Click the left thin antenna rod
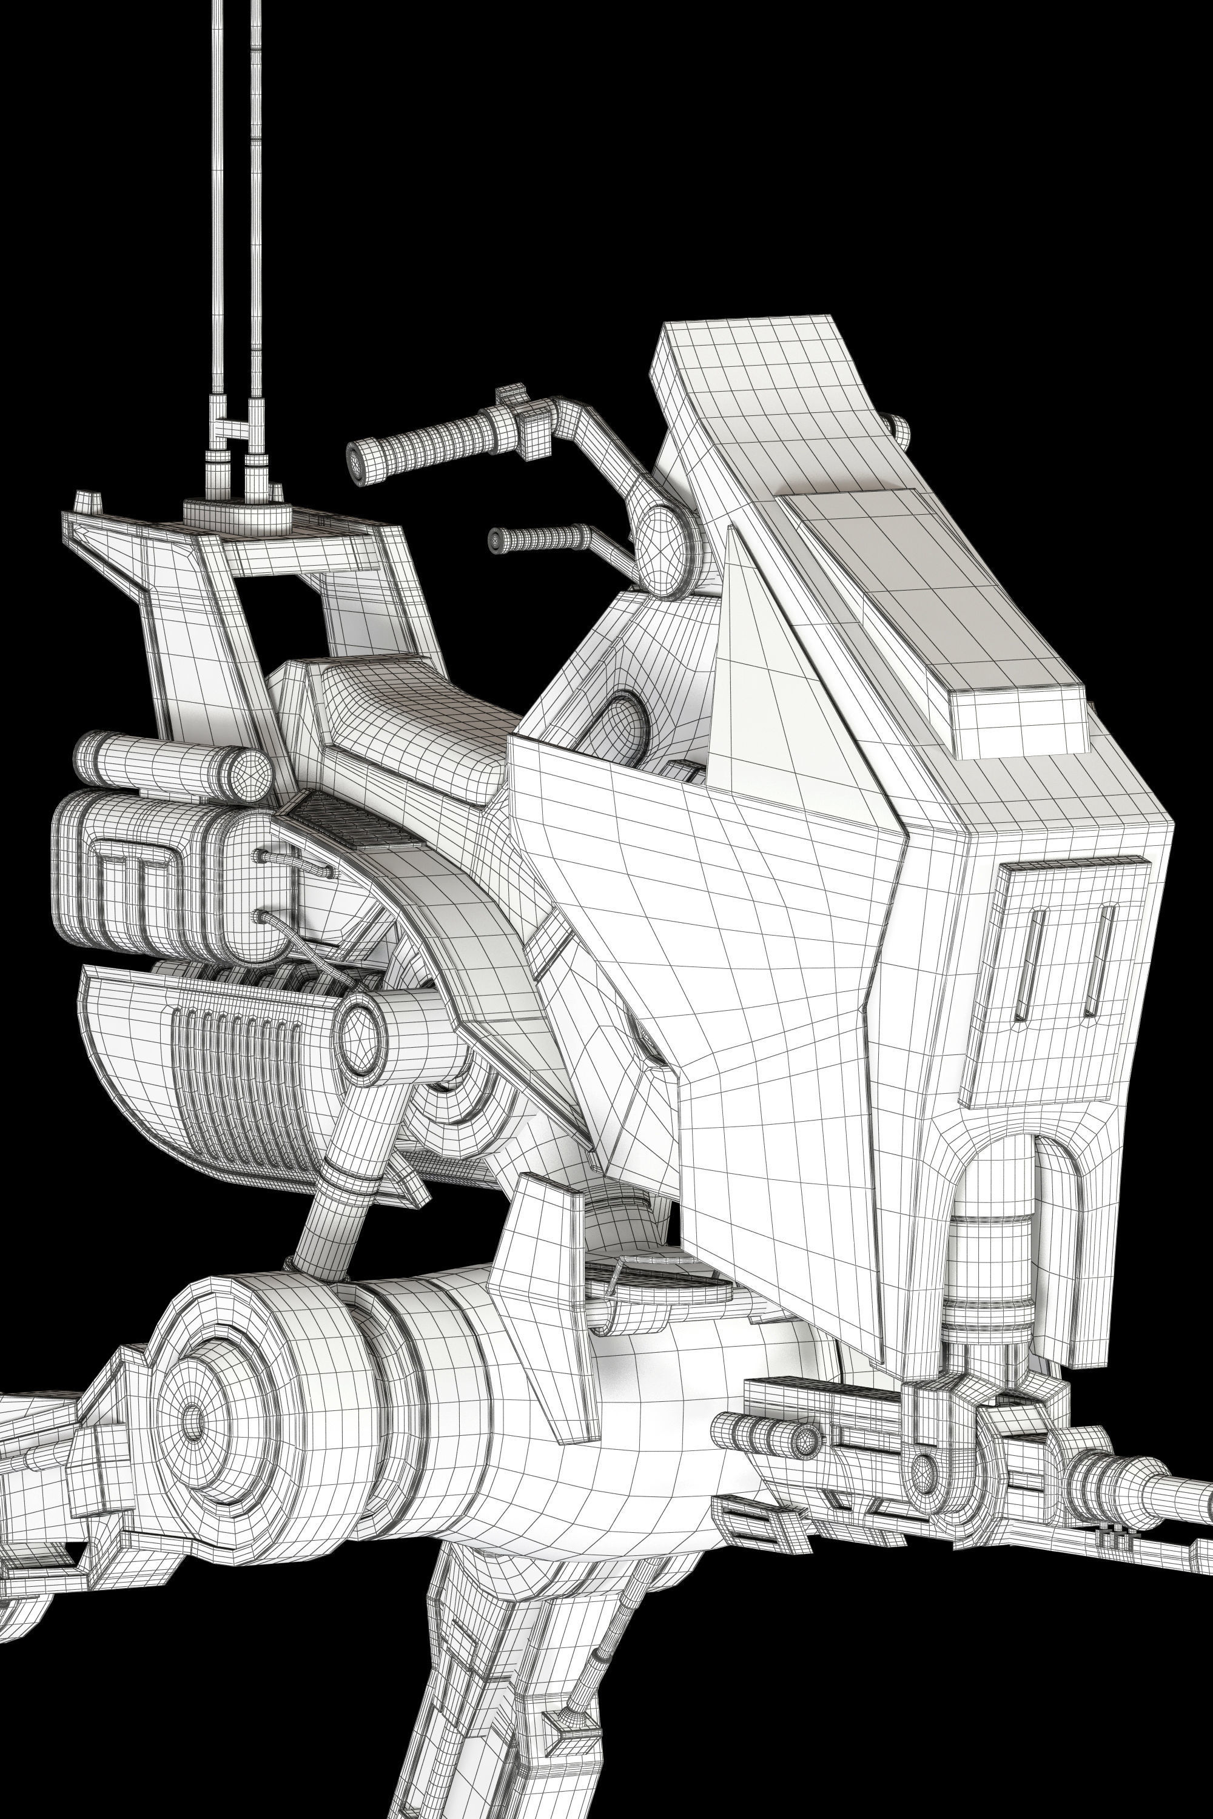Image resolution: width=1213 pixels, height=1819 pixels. [215, 232]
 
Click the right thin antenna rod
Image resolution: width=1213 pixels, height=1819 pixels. [256, 232]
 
